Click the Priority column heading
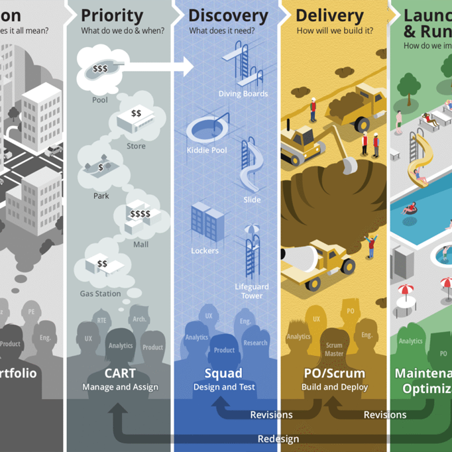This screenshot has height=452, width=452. click(112, 16)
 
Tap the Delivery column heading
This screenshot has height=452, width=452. click(329, 16)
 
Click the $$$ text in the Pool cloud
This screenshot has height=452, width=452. click(100, 68)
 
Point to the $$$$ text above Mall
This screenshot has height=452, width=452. click(140, 214)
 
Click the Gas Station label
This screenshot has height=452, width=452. click(100, 294)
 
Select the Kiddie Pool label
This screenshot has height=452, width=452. click(206, 150)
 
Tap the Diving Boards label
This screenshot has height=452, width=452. click(243, 94)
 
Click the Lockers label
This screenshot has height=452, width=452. click(204, 251)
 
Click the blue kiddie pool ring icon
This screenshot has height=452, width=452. click(207, 127)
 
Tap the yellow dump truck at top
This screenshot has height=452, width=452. click(361, 106)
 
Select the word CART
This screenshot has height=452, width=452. click(120, 373)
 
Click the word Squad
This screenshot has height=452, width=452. click(223, 373)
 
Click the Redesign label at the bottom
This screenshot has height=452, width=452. click(278, 439)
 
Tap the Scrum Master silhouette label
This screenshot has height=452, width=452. click(334, 349)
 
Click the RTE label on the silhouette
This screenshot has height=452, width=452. click(101, 321)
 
